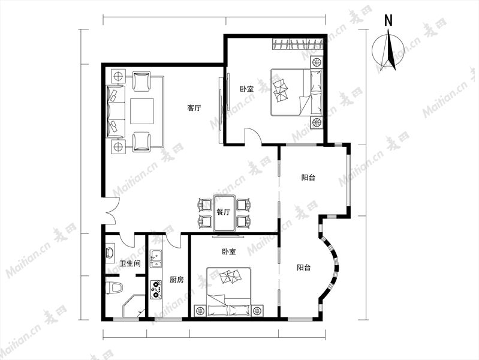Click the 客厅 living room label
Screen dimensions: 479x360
point(194,108)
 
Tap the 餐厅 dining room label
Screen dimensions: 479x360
point(223,212)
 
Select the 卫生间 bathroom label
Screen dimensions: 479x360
point(130,263)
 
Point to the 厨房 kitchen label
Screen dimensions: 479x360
point(177,280)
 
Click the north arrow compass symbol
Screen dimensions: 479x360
point(388,50)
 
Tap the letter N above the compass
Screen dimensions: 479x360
point(388,21)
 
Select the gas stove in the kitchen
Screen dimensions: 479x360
point(156,290)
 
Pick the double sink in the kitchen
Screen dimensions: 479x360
point(156,259)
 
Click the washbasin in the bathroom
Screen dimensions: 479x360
point(110,253)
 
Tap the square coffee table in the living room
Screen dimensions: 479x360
point(142,111)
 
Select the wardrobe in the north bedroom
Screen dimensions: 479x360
point(297,43)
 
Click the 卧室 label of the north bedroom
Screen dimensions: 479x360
point(246,89)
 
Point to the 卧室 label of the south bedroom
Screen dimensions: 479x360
point(228,252)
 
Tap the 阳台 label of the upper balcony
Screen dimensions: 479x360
point(308,178)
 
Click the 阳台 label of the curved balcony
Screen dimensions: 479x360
point(304,268)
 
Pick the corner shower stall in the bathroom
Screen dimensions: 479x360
point(134,307)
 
